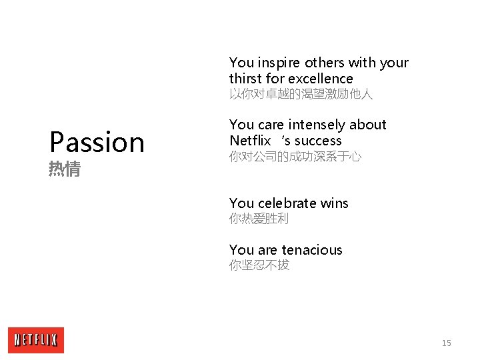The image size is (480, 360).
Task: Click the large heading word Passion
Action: tap(97, 142)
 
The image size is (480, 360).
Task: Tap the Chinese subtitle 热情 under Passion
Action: tap(65, 170)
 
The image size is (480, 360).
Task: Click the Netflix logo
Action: tap(36, 340)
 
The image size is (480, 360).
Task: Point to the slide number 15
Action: tap(446, 343)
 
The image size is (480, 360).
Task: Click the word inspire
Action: tap(279, 63)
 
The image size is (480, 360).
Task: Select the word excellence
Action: tap(319, 79)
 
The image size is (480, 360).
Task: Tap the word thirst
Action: tap(247, 79)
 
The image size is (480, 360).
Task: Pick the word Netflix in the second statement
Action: tap(250, 141)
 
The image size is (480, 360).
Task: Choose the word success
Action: tap(318, 141)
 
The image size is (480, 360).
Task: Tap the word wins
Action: tap(334, 203)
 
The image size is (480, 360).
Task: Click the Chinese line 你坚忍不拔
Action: tap(259, 265)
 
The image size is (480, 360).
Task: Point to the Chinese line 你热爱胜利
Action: tap(259, 219)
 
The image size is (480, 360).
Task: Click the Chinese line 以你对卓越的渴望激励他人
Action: tap(301, 95)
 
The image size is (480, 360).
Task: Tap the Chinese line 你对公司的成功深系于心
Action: tap(295, 157)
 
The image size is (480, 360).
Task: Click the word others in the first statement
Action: tap(325, 63)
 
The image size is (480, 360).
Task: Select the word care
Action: tap(270, 125)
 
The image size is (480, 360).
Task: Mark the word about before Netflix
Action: tap(367, 125)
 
